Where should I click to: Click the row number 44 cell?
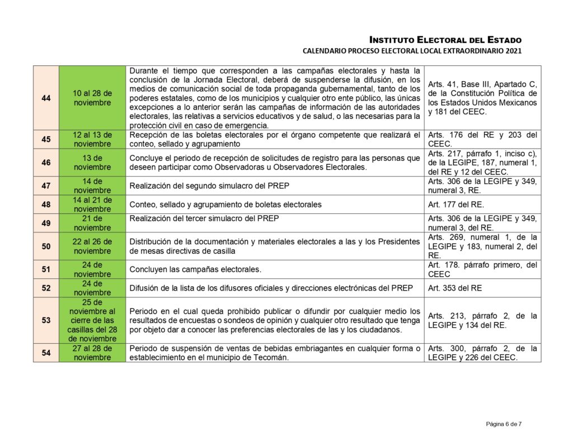click(46, 98)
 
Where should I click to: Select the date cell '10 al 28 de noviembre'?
click(92, 98)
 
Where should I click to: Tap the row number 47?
click(46, 186)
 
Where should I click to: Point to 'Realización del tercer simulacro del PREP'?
click(204, 218)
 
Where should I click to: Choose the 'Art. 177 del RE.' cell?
click(456, 204)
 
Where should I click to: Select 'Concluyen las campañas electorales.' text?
click(195, 269)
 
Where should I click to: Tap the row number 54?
click(46, 353)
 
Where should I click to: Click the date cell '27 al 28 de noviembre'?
click(92, 353)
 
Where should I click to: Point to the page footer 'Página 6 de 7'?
click(504, 424)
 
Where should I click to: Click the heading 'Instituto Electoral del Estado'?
click(445, 40)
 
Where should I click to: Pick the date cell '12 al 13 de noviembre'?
click(92, 139)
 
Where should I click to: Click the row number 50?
click(46, 246)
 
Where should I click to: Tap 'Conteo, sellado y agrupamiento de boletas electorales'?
click(226, 204)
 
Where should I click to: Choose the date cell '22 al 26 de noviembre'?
click(92, 246)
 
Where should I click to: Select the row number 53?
click(46, 320)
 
